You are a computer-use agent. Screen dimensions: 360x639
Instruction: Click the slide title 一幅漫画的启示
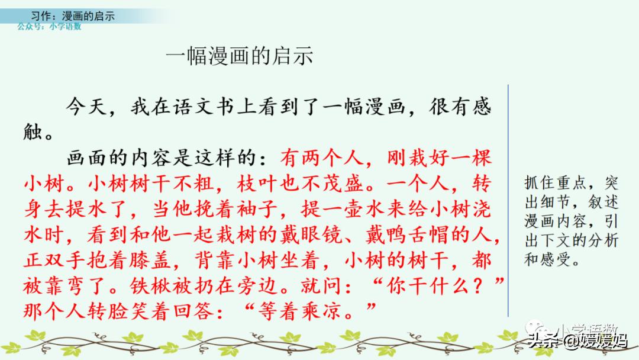(239, 56)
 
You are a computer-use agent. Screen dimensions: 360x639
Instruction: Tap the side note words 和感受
(546, 259)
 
